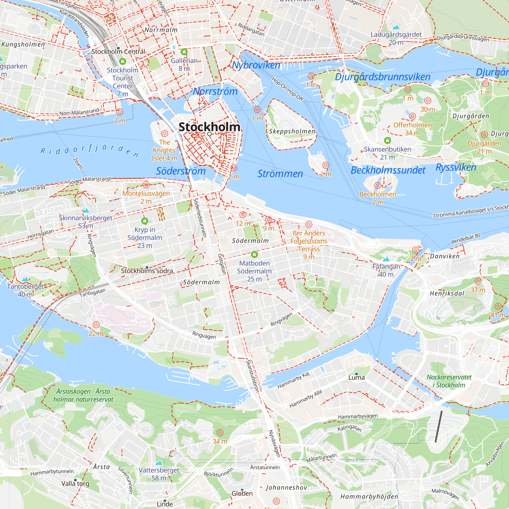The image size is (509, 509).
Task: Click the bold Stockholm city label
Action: click(209, 127)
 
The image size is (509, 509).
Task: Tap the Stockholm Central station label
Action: click(118, 52)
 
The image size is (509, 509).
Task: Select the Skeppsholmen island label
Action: click(292, 131)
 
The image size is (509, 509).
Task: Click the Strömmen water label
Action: click(280, 174)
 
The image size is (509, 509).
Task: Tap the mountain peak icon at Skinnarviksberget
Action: click(86, 210)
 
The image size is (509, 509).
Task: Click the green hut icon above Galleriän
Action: click(184, 52)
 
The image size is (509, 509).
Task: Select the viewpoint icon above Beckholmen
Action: click(377, 186)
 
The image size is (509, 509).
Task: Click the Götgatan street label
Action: click(222, 264)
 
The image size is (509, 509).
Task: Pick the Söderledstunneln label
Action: click(200, 218)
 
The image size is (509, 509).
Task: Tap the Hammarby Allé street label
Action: click(306, 399)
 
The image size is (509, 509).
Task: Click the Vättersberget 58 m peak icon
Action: click(159, 463)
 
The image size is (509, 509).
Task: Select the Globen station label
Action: click(242, 493)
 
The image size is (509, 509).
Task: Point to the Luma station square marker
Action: click(357, 374)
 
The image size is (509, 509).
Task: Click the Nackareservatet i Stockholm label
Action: click(449, 381)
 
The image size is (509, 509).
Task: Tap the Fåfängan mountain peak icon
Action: click(386, 259)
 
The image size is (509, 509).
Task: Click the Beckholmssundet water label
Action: click(388, 170)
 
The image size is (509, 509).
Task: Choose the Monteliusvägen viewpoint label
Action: click(146, 193)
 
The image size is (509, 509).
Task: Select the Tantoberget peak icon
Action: click(25, 279)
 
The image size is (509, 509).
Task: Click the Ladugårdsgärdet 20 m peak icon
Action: click(396, 27)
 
